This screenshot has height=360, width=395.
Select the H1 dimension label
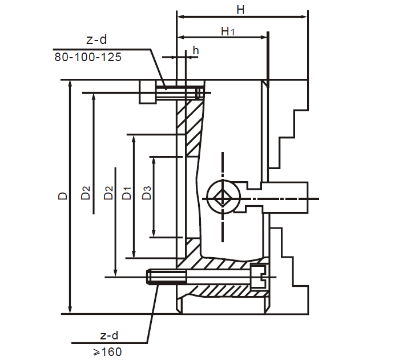[227, 31]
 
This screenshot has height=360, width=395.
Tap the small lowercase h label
[196, 51]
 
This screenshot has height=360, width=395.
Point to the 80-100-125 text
[88, 57]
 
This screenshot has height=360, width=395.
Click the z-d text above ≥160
[106, 335]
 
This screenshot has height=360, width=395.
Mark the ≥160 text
[106, 351]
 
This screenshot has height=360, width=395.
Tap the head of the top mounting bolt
[148, 91]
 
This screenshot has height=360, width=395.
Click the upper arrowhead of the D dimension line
[70, 83]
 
